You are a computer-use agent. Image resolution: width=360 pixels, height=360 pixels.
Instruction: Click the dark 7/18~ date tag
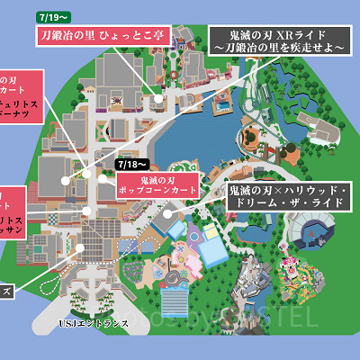click(132, 165)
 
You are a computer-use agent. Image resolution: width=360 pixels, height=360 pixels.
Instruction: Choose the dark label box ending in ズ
click(7, 290)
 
